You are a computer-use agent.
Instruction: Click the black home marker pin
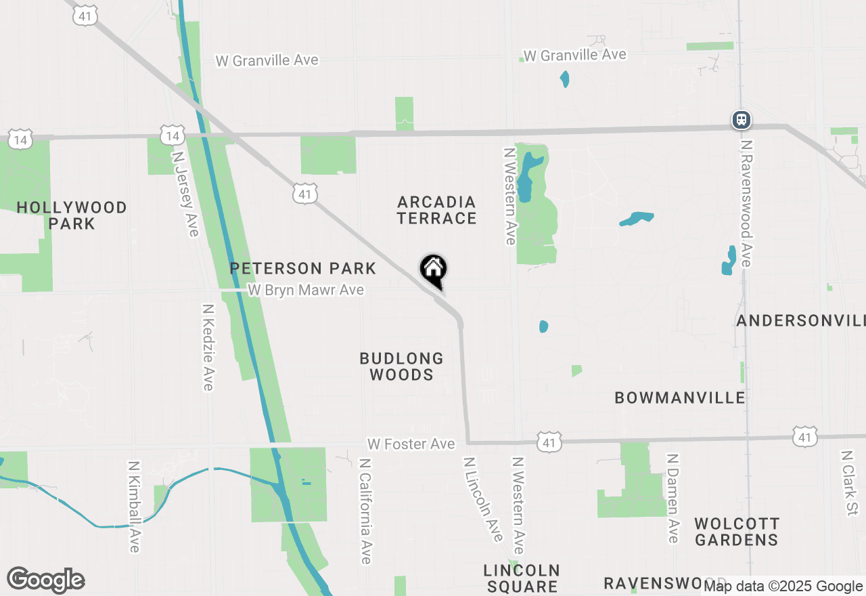click(x=433, y=270)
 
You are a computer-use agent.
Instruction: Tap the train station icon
click(x=742, y=121)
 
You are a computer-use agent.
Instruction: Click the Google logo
click(x=45, y=580)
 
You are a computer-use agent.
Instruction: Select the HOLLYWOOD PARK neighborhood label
click(x=72, y=215)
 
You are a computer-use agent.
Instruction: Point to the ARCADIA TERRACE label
click(x=437, y=210)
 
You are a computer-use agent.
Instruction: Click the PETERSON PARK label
click(x=302, y=268)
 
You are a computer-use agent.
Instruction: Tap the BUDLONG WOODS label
click(x=401, y=366)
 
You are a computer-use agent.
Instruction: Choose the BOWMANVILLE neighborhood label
click(x=680, y=398)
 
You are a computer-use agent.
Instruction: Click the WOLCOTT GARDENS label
click(x=737, y=532)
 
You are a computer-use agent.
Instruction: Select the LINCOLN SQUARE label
click(x=522, y=578)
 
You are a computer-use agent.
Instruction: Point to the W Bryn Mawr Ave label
click(x=306, y=291)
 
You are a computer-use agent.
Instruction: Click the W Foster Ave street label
click(x=411, y=444)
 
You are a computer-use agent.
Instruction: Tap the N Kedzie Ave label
click(x=208, y=347)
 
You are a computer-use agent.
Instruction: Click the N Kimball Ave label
click(x=134, y=507)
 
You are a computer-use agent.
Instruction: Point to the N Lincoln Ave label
click(x=483, y=498)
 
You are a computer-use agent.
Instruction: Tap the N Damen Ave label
click(x=673, y=498)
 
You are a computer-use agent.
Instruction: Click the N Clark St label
click(x=849, y=482)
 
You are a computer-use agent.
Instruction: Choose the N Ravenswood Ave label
click(x=746, y=203)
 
